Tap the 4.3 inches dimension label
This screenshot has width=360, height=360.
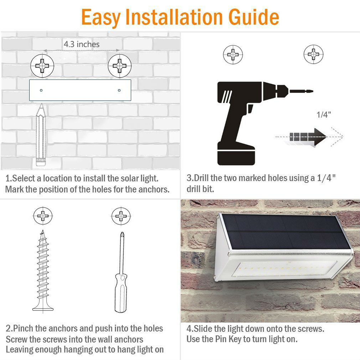pos(82,44)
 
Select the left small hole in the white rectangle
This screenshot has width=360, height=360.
pos(41,90)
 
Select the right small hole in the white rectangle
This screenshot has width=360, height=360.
pos(119,90)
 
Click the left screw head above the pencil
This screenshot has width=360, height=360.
pos(42,66)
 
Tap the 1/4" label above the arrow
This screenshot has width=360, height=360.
pos(324,114)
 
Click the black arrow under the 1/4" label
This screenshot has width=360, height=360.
pos(308,137)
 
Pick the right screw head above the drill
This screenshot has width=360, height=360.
pos(313,55)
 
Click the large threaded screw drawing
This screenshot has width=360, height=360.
pos(43,271)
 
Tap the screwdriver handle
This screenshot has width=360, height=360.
pos(120,293)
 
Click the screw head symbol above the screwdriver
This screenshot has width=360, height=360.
pos(121,216)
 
